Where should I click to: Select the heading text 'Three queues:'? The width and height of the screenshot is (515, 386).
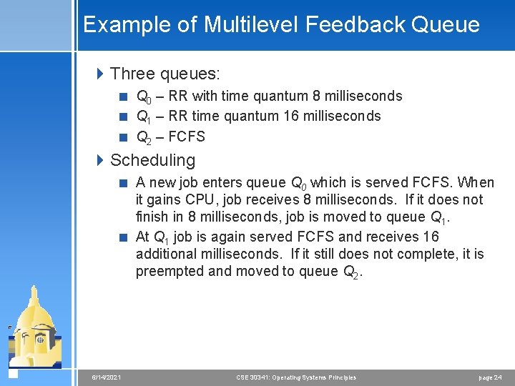[x=165, y=74]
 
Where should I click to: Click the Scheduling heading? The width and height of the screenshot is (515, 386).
[x=152, y=160]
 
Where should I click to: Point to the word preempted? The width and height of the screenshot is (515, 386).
[x=169, y=271]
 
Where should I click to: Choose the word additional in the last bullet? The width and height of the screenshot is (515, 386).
[x=167, y=254]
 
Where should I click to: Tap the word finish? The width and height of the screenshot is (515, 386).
[x=152, y=217]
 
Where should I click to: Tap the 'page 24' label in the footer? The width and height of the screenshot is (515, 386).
[x=490, y=377]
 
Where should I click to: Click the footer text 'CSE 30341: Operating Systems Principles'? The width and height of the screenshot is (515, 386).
[x=296, y=377]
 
